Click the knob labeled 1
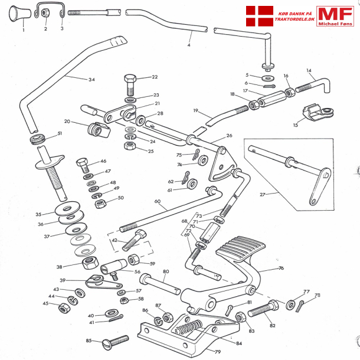[x=19, y=14]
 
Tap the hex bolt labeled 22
[x=130, y=84]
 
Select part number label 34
[x=91, y=80]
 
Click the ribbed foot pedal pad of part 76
[x=241, y=249]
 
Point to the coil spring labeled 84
[x=188, y=327]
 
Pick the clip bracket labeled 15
[x=318, y=112]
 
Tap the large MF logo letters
[x=335, y=14]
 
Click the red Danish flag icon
[x=260, y=16]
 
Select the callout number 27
[x=263, y=195]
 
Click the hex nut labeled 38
[x=90, y=263]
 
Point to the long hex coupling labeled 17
[x=272, y=99]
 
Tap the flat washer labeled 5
[x=268, y=78]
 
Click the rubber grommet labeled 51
[x=37, y=139]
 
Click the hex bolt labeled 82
[x=263, y=309]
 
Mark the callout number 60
[x=157, y=201]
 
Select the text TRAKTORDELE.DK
[x=294, y=19]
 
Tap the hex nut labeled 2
[x=44, y=12]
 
